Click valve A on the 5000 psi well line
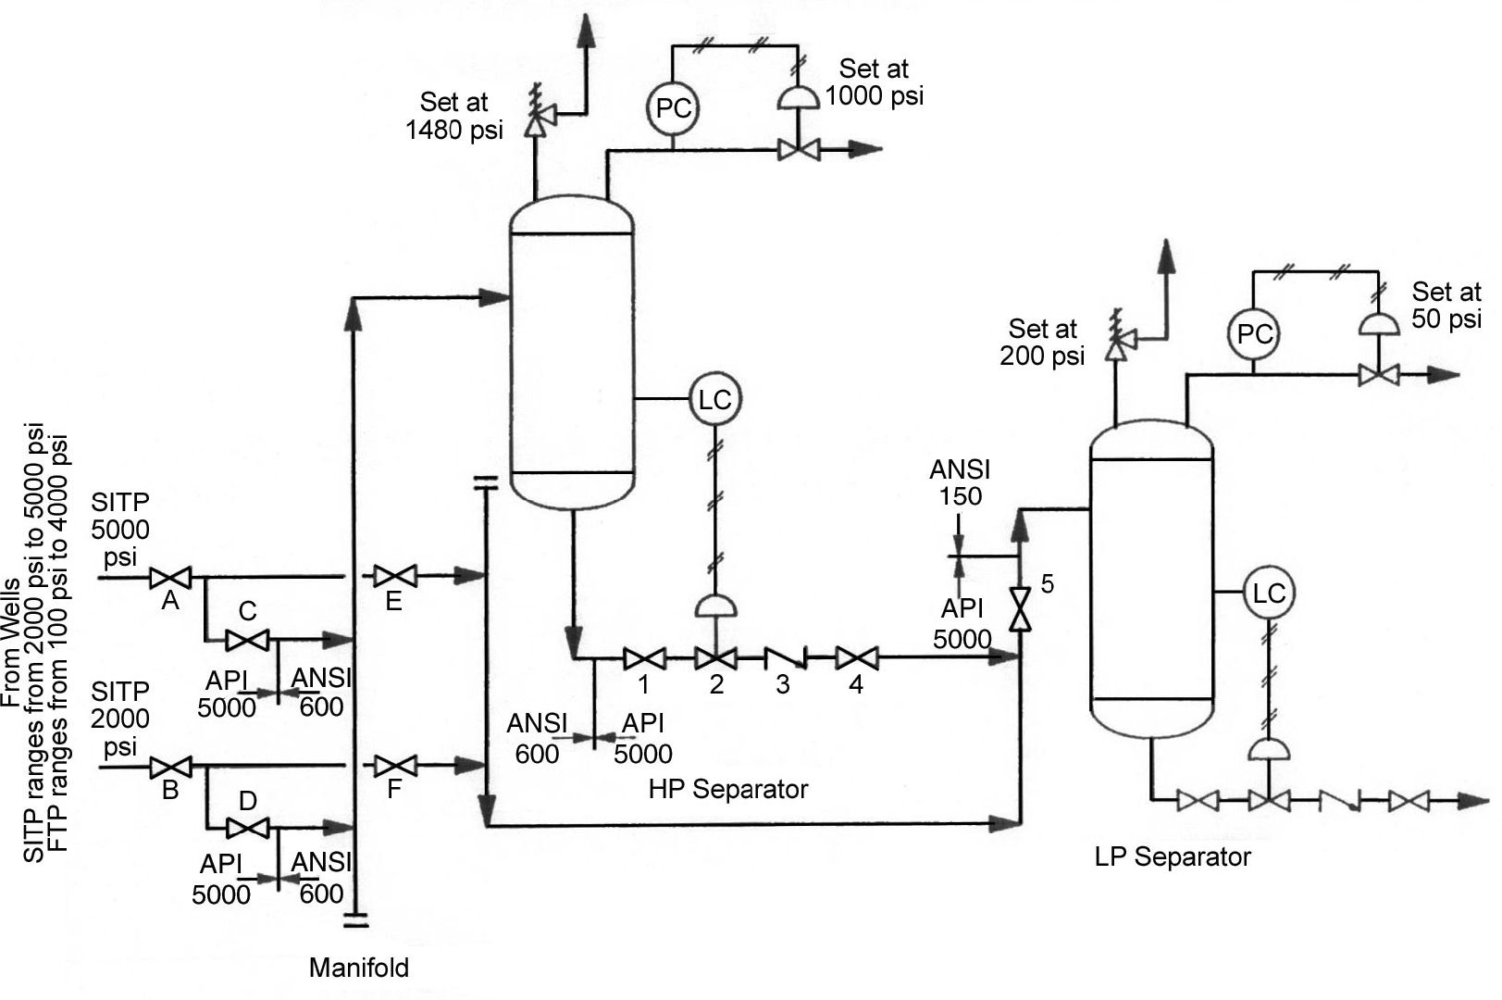pos(170,578)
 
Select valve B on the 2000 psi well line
pos(170,767)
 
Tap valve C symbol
pos(247,639)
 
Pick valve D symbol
pos(247,827)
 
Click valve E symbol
pos(395,576)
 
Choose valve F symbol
pos(395,766)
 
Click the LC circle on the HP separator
pos(714,400)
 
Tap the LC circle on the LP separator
pos(1268,594)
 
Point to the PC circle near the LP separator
pos(1254,334)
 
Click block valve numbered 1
pos(644,659)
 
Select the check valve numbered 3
pos(785,659)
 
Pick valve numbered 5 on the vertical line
pos(1020,609)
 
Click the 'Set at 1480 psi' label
pos(453,116)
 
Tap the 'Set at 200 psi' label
pos(1042,342)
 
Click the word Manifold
pos(358,968)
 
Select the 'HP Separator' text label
pos(727,789)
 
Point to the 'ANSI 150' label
pos(960,482)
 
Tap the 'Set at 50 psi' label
pos(1446,306)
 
